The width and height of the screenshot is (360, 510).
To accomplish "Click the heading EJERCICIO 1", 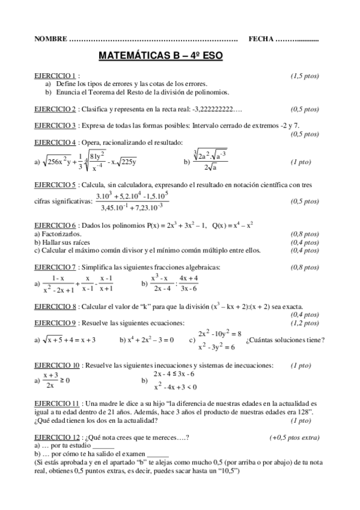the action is click(55, 76).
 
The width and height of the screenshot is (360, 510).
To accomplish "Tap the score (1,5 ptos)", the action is click(305, 76).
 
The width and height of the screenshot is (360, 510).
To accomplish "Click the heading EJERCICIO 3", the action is click(55, 125).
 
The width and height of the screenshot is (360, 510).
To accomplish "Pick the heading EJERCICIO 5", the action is click(55, 185).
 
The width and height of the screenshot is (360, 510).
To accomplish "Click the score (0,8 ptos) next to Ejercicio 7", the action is click(305, 267).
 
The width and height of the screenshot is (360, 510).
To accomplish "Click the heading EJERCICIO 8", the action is click(55, 306).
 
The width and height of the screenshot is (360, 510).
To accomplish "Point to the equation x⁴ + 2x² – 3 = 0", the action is click(146, 340).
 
